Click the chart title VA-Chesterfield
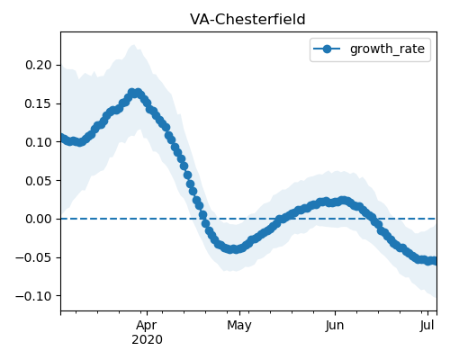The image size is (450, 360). tap(247, 20)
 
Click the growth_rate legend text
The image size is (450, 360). tap(387, 49)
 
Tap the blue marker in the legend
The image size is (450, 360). tap(327, 49)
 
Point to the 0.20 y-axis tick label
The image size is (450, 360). tap(39, 65)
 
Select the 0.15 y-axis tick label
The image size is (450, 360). tap(39, 103)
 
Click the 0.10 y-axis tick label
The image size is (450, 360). tap(39, 142)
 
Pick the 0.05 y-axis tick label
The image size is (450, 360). tap(39, 181)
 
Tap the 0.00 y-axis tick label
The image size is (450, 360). tap(39, 219)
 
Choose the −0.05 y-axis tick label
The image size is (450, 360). tap(34, 257)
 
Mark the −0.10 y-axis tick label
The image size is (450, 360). tap(34, 296)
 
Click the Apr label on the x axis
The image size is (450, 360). tap(147, 326)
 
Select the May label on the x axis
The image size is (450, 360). tap(239, 326)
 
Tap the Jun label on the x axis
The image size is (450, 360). tap(335, 326)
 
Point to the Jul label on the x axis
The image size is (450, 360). tap(427, 326)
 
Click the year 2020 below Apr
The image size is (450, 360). tap(147, 340)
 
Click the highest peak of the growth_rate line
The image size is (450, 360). tap(135, 93)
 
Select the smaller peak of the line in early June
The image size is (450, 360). tap(344, 201)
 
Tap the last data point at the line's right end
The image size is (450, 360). tap(434, 261)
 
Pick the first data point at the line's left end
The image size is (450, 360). tap(63, 138)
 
